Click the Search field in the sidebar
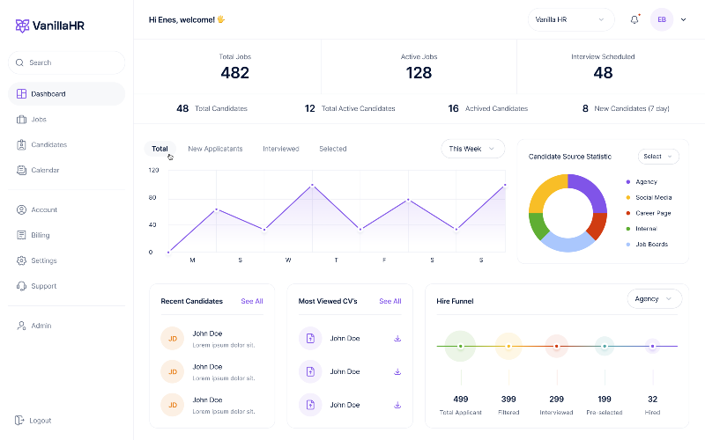point(66,62)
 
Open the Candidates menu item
point(48,144)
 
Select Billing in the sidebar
point(40,235)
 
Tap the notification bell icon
point(634,19)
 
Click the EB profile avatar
point(661,19)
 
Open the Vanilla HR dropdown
point(570,19)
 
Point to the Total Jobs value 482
point(234,73)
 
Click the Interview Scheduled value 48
point(603,73)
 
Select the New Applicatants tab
point(215,149)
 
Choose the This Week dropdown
point(472,149)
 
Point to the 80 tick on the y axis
point(152,197)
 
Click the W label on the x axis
point(288,260)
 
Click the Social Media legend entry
point(653,197)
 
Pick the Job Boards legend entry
point(651,244)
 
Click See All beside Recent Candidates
point(252,301)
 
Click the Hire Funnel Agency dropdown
point(654,299)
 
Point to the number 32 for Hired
point(652,399)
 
